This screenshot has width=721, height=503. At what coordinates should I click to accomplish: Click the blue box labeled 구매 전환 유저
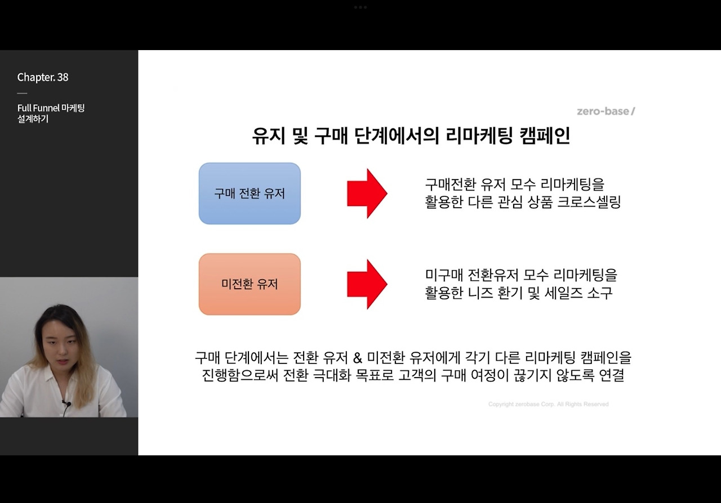point(250,194)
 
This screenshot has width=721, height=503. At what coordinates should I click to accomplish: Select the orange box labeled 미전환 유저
point(250,284)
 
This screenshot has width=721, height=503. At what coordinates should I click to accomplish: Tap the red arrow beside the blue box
point(367,193)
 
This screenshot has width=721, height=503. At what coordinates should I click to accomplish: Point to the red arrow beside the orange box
point(367,284)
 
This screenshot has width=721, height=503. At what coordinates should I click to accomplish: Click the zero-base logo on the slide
point(606,111)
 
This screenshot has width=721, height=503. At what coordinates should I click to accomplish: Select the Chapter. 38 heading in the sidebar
point(43,78)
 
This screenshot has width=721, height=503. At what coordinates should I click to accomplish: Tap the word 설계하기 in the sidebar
point(33,119)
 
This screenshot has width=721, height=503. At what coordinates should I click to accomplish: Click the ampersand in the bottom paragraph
point(357,358)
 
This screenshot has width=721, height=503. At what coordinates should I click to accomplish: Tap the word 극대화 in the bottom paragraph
point(331,375)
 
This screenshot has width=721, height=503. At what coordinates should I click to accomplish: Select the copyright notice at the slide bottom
point(548,405)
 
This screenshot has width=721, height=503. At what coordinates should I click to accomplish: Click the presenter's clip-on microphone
point(66,403)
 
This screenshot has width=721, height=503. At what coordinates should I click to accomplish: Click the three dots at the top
point(360,7)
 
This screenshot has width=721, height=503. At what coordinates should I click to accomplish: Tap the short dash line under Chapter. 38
point(22,93)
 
